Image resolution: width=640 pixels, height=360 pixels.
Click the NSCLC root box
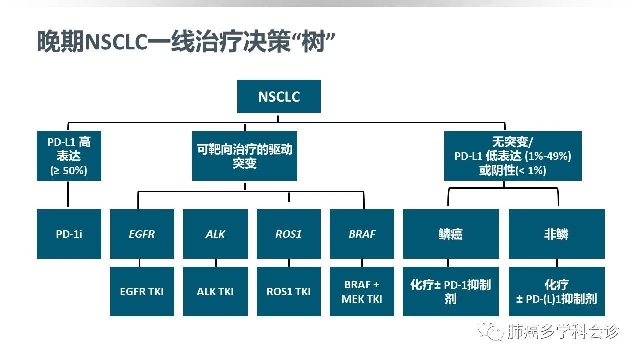279,96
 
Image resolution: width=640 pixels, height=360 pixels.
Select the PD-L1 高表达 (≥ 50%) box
69,156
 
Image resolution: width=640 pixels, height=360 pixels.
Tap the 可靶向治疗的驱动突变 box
244,156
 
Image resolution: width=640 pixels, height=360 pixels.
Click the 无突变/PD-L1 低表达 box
513,156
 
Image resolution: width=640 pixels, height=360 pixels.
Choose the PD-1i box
69,234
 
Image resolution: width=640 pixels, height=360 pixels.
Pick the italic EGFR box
142,234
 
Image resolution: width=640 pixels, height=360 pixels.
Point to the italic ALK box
215,234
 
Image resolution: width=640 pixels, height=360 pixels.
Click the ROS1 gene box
289,234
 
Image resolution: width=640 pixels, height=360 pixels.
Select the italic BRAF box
362,234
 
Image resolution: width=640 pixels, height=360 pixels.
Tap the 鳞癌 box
451,234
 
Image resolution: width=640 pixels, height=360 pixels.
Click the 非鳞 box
556,234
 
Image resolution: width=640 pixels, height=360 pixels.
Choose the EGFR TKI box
142,291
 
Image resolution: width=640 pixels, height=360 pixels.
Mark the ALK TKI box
215,291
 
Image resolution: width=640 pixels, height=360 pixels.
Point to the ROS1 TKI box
289,291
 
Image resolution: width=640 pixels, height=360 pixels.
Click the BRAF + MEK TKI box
362,291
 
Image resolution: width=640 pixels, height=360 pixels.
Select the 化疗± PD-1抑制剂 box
451,291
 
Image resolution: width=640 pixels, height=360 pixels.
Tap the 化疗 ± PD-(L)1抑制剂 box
556,291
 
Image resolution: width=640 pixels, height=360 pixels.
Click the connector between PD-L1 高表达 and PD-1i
68,195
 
